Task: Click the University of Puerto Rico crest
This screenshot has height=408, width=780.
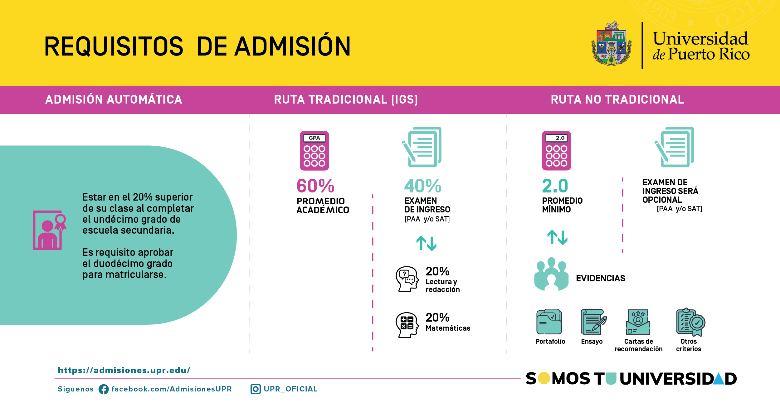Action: (x=612, y=43)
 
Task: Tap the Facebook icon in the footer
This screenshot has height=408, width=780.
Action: (x=104, y=389)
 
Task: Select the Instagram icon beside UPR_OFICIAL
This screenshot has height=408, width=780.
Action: (x=256, y=389)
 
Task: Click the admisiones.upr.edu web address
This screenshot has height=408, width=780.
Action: (x=124, y=370)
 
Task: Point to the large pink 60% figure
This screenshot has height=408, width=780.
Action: (x=315, y=186)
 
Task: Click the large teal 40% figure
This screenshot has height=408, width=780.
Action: (x=423, y=186)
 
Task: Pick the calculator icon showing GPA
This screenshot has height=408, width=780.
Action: (x=314, y=151)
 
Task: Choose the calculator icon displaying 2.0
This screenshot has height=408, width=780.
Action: (x=556, y=151)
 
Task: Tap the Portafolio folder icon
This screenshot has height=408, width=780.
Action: (x=549, y=322)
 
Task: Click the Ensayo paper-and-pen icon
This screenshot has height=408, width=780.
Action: (x=593, y=322)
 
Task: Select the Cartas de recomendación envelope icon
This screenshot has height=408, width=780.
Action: (x=638, y=322)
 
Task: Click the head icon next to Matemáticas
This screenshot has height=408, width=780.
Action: (x=407, y=325)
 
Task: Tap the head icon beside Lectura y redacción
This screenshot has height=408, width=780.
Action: (x=407, y=279)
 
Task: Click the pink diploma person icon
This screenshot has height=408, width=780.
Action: (x=50, y=230)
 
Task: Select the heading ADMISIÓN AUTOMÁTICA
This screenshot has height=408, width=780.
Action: (x=114, y=100)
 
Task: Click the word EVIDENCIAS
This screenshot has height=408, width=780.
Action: (x=601, y=278)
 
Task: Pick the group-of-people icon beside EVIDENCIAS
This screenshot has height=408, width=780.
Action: (x=551, y=274)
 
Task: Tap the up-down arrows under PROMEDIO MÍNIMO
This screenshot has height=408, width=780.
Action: (x=557, y=237)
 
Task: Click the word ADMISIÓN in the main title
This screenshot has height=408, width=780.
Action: (x=293, y=46)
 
